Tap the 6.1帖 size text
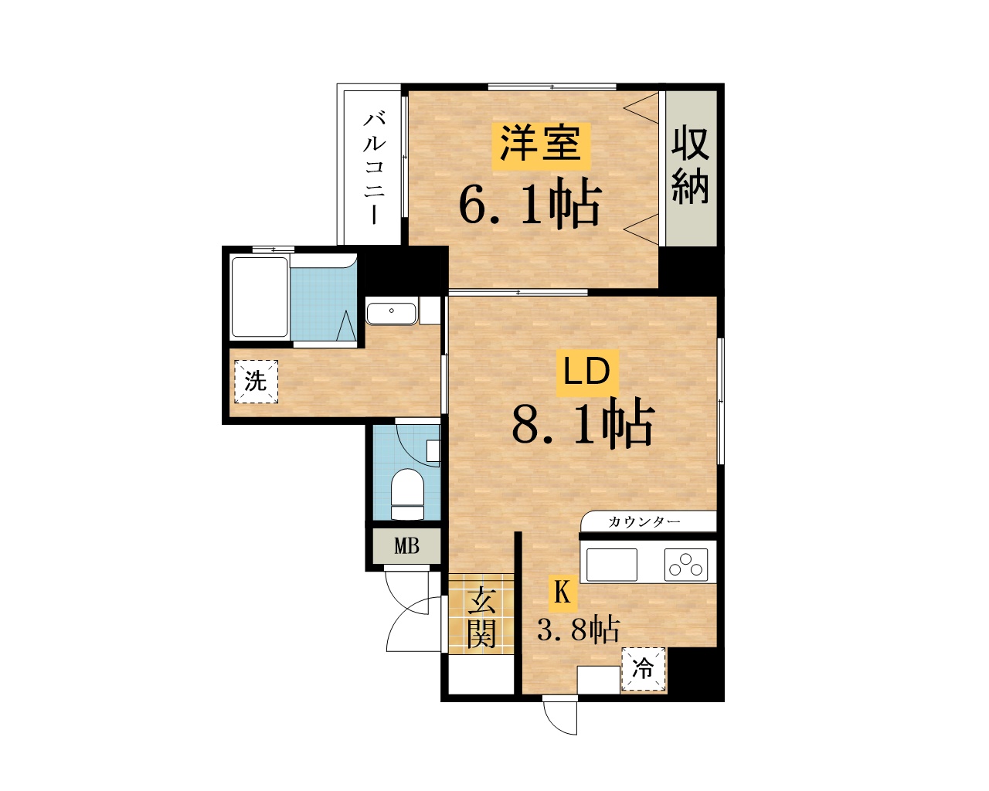530,204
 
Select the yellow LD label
587,372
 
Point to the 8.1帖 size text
583,423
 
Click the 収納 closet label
690,165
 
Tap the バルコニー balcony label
375,168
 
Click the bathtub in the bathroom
260,297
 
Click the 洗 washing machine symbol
256,382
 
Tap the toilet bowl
407,494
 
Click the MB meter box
406,546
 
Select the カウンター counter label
644,521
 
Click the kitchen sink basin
612,565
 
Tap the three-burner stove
686,565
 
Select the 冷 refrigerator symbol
643,670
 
